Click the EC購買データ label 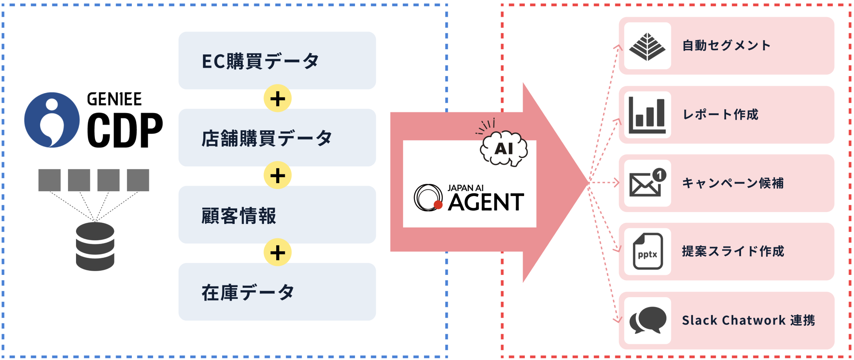260,61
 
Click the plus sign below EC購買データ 277,98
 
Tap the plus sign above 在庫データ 277,253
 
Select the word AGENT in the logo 486,202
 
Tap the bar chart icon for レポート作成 647,115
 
